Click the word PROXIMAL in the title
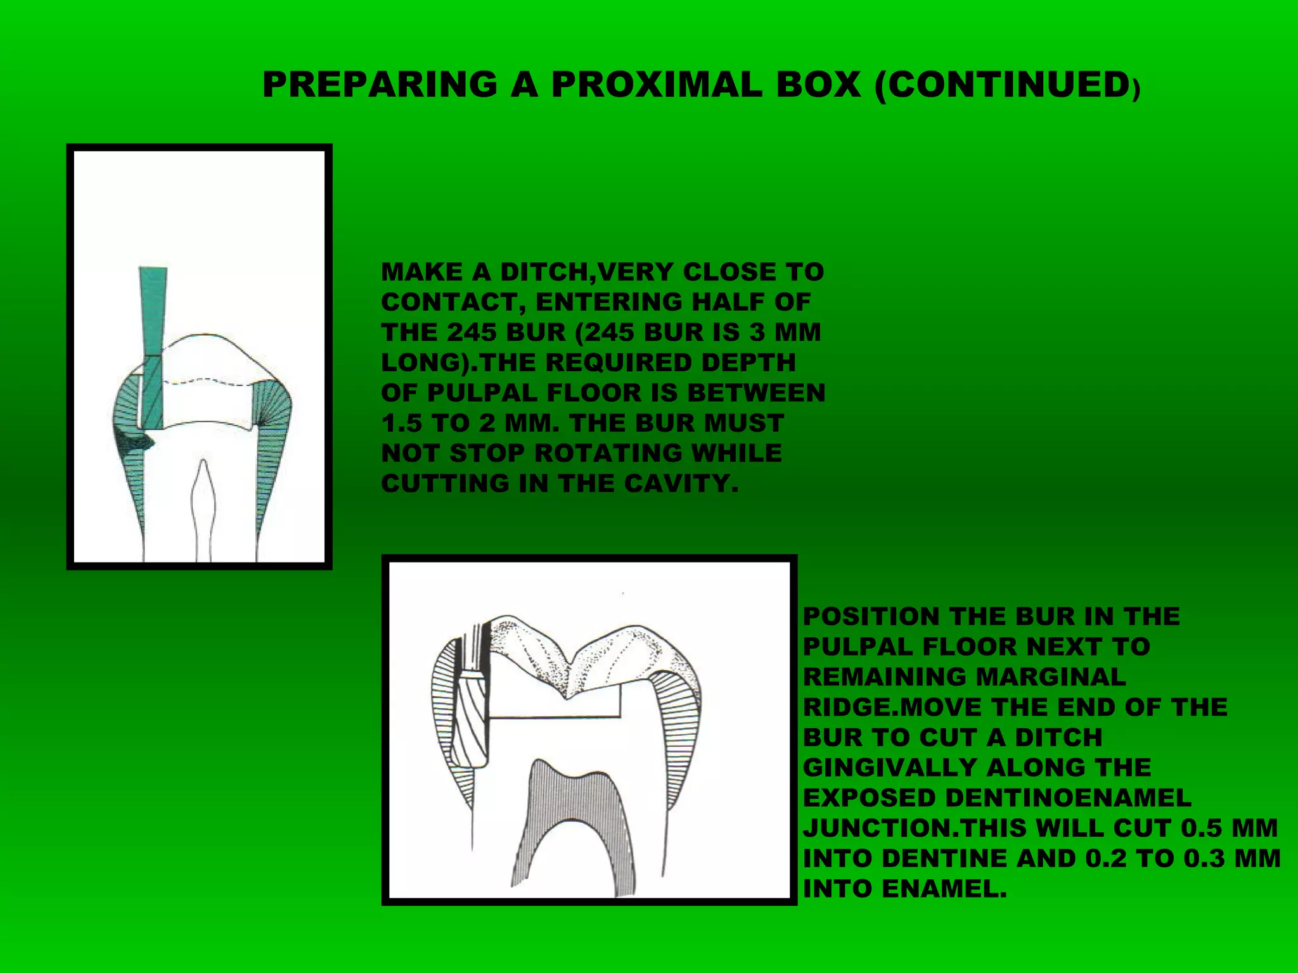(655, 84)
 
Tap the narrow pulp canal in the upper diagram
(203, 507)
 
